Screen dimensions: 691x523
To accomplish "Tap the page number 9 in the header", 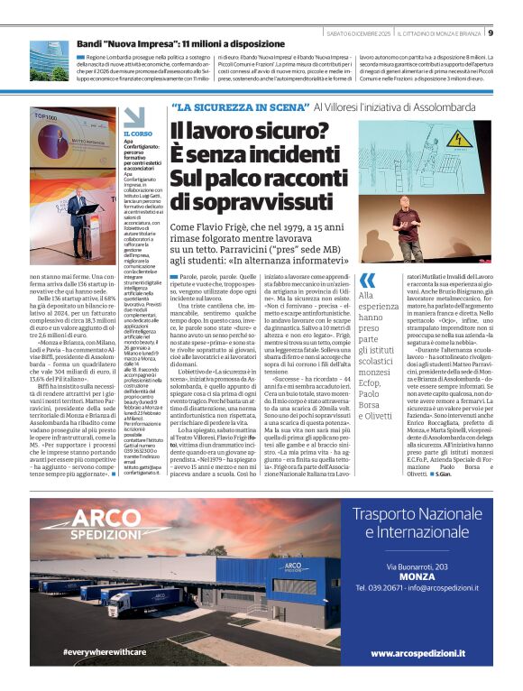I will point(490,33).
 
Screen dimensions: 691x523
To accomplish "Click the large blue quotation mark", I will point(366,281).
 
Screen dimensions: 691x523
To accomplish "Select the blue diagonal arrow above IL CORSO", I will point(133,118).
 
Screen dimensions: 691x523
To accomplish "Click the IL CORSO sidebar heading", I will point(137,134).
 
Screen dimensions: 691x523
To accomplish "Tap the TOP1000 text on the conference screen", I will point(44,117).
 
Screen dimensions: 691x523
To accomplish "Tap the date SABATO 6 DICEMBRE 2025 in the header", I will point(357,33).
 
